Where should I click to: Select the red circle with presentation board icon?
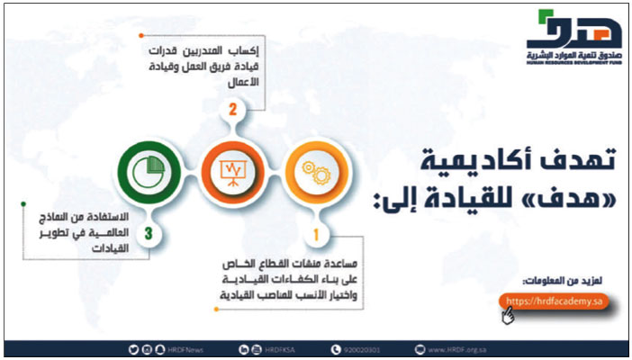[230, 172]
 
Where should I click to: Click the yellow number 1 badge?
[315, 238]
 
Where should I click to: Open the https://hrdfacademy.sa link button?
[553, 300]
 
